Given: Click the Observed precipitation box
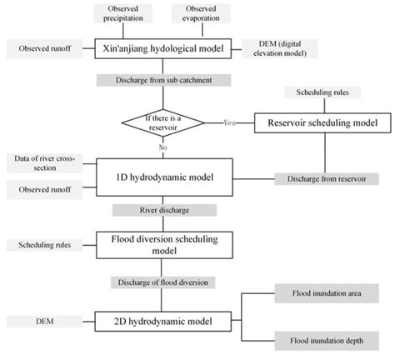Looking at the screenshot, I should (122, 14).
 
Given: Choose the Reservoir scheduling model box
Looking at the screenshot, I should (322, 122).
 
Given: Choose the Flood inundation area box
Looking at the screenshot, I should (325, 292).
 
